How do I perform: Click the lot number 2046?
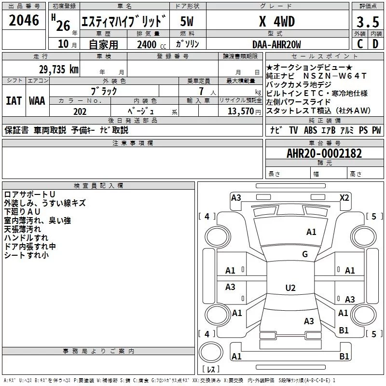(24, 20)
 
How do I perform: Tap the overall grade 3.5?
(368, 22)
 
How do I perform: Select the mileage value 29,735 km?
(59, 69)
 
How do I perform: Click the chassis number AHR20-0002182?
(324, 153)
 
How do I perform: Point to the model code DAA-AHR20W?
(276, 44)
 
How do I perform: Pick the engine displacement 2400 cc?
(152, 45)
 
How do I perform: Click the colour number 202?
(80, 111)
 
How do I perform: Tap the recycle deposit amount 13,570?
(240, 111)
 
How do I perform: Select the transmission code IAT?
(14, 101)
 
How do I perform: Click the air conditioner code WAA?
(37, 101)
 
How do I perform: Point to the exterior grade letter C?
(360, 44)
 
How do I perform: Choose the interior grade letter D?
(375, 44)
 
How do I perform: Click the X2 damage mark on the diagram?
(344, 198)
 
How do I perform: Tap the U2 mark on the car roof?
(290, 288)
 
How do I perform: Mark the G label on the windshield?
(305, 254)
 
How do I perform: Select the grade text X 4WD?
(277, 22)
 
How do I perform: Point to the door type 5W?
(187, 22)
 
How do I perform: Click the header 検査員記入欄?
(98, 186)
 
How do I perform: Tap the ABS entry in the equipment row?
(310, 130)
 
